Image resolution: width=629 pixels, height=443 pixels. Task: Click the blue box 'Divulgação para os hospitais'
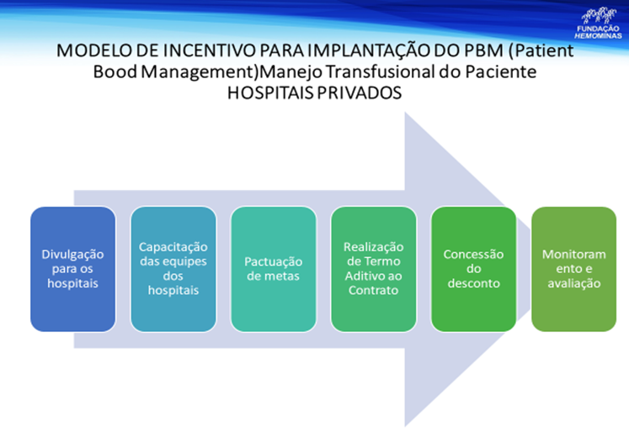click(x=72, y=269)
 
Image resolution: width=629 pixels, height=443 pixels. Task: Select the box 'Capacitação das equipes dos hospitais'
click(x=173, y=269)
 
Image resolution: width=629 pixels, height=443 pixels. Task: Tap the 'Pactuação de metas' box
click(x=273, y=269)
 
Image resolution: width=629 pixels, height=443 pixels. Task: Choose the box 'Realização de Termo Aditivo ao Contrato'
click(x=373, y=269)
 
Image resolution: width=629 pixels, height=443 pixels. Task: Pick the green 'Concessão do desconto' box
click(x=473, y=269)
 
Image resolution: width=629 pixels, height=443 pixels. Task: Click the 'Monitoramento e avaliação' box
click(x=573, y=269)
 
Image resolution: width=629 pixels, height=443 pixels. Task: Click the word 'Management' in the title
click(x=195, y=73)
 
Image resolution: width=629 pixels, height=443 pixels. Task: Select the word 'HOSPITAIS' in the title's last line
click(x=269, y=94)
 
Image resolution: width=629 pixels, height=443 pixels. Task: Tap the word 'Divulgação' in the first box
click(x=72, y=254)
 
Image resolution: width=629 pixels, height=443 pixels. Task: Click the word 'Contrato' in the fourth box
click(x=373, y=290)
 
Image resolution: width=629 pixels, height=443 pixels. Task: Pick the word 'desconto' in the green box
click(x=473, y=283)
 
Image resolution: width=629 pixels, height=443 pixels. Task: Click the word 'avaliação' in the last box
click(x=573, y=283)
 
